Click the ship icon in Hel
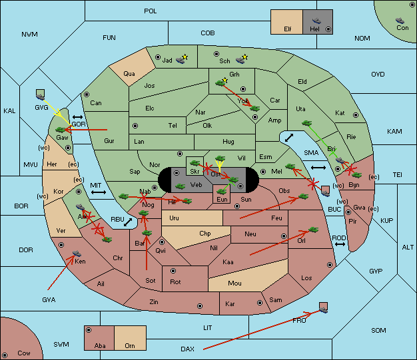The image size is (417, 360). (316, 21)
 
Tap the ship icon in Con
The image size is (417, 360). (400, 21)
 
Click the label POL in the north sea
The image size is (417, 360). (151, 11)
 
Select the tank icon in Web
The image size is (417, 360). (181, 186)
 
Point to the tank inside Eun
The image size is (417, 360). (221, 191)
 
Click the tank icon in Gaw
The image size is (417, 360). (61, 130)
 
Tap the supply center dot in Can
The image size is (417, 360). (87, 94)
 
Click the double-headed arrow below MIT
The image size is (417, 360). (99, 192)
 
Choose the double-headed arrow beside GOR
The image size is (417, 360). (77, 117)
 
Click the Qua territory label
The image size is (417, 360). (129, 74)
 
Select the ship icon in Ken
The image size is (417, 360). (77, 253)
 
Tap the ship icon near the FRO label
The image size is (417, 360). (323, 309)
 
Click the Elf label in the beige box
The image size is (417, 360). (288, 29)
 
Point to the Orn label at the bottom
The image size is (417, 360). (130, 345)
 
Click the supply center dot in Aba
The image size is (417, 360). (89, 330)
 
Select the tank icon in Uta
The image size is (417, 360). (306, 123)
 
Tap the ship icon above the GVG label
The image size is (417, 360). (41, 96)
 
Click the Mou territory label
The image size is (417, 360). (234, 283)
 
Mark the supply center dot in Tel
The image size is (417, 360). (135, 125)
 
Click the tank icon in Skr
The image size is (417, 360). (195, 163)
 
